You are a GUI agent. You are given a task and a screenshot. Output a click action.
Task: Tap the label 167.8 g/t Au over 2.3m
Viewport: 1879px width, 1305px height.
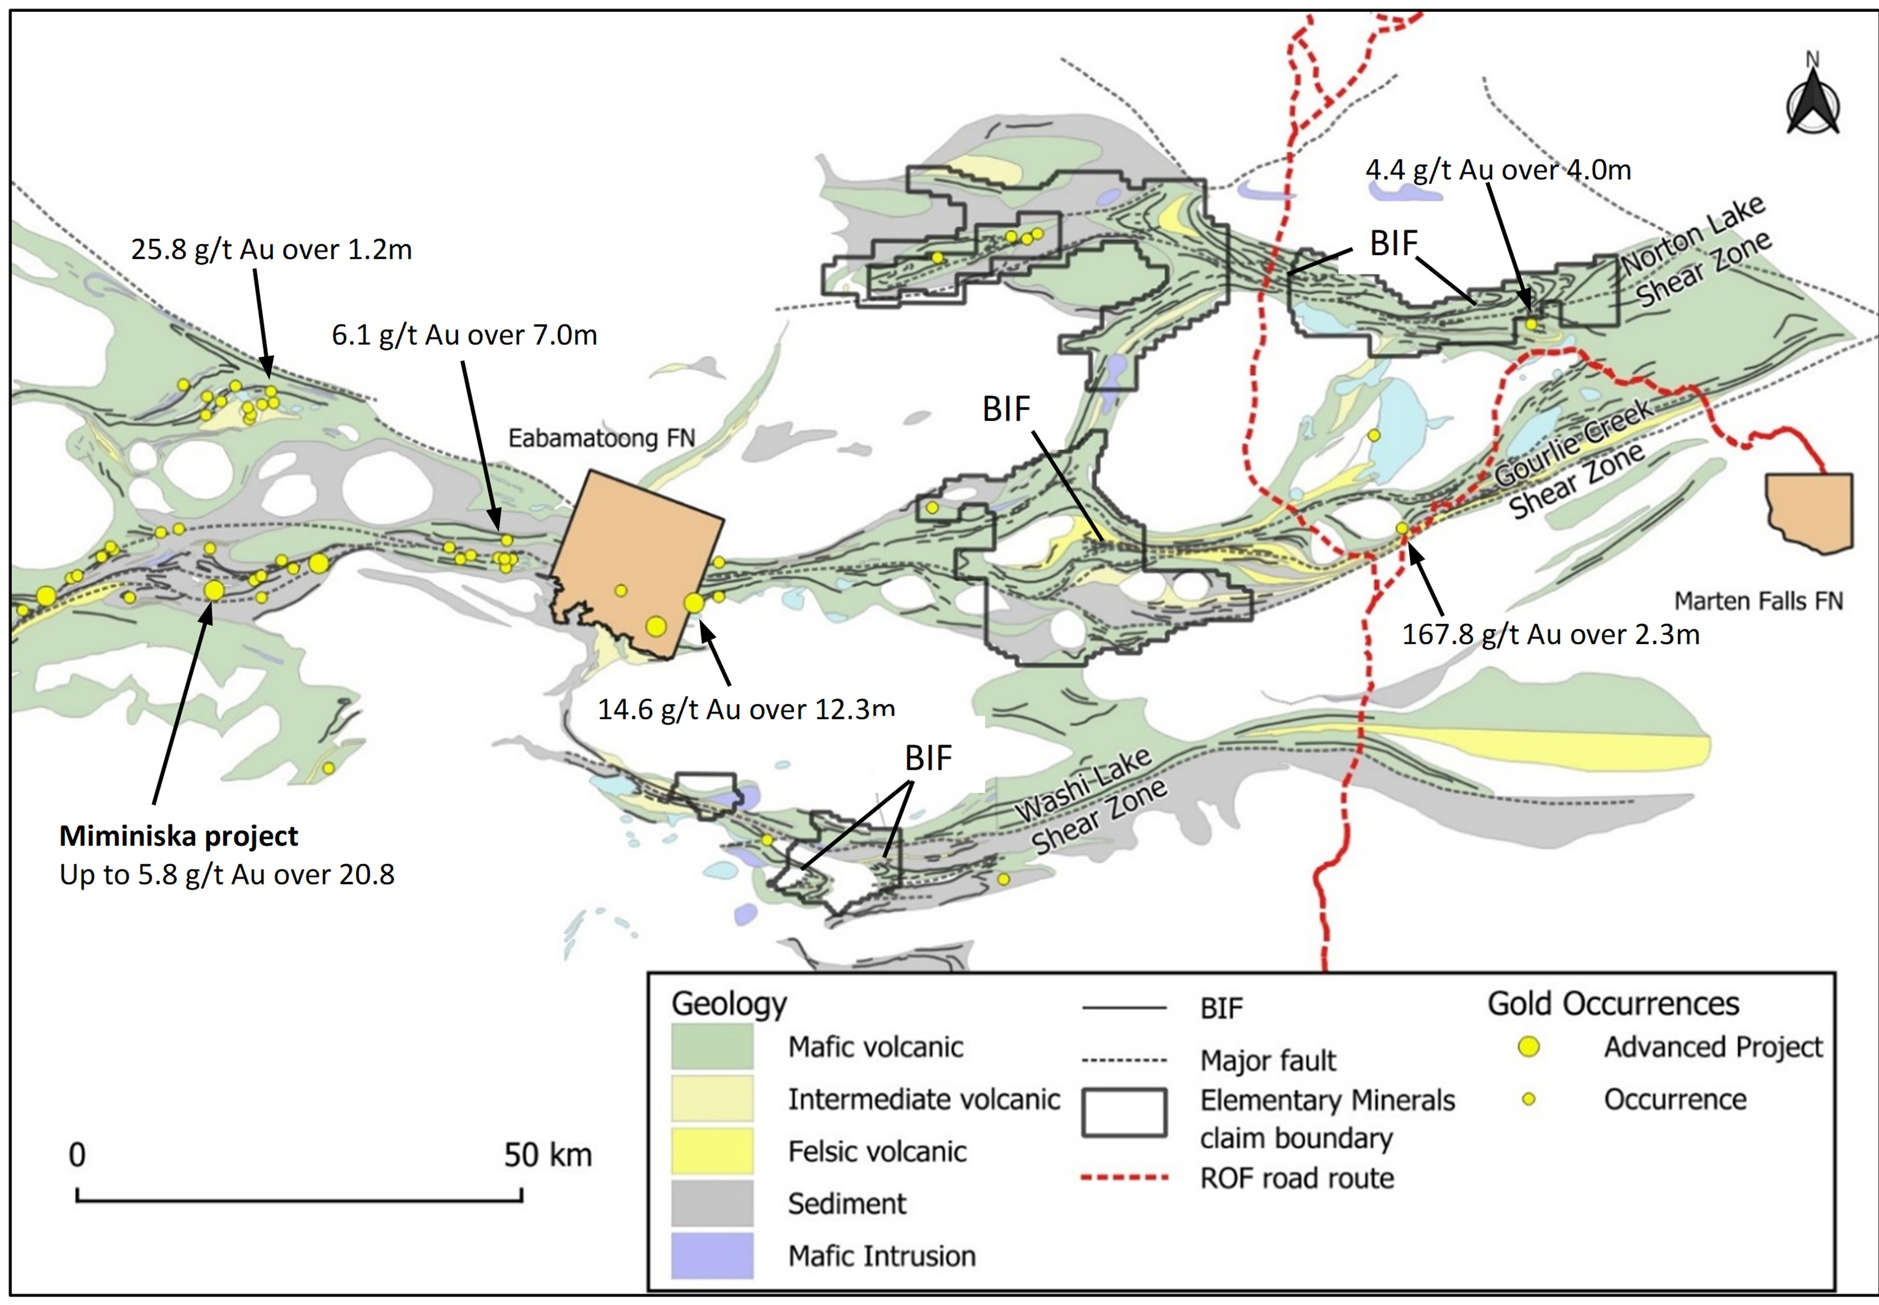point(1550,635)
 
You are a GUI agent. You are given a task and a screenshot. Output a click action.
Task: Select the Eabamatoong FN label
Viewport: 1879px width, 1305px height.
point(602,438)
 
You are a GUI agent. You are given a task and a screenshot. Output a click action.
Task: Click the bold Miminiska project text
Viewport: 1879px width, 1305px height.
point(178,836)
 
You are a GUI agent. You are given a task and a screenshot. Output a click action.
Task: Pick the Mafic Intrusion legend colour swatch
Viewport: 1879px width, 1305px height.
point(711,1255)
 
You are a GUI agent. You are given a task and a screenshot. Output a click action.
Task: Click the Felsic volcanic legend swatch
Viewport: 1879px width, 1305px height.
point(711,1151)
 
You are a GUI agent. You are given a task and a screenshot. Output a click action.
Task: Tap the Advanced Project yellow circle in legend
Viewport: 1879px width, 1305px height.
point(1528,1047)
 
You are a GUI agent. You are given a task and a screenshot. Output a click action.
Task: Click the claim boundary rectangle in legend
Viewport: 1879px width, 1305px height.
point(1124,1113)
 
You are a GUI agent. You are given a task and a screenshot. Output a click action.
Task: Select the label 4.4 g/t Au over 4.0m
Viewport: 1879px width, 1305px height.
point(1498,170)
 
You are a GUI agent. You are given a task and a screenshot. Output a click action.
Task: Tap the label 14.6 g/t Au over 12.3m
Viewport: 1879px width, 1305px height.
point(745,709)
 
